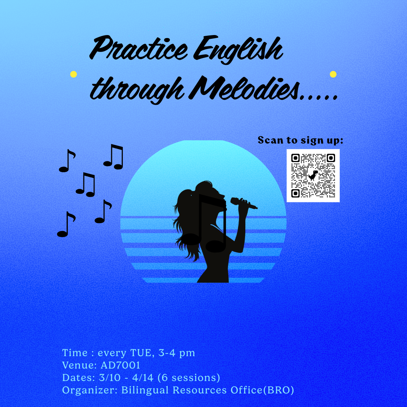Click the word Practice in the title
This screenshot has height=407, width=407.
click(x=138, y=48)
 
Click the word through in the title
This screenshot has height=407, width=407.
click(x=137, y=90)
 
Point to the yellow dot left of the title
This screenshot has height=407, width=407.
click(x=73, y=74)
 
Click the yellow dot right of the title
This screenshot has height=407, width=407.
click(x=333, y=74)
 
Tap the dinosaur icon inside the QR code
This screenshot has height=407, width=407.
click(x=313, y=176)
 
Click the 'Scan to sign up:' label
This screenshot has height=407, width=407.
click(x=300, y=140)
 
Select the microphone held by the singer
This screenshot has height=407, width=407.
click(x=243, y=203)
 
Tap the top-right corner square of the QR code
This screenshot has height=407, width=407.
click(x=331, y=158)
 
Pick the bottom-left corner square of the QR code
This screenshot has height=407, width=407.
click(x=295, y=193)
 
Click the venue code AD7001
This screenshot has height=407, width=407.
click(x=121, y=365)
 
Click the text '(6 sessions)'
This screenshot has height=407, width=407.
click(x=189, y=378)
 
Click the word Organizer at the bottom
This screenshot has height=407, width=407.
click(x=90, y=390)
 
